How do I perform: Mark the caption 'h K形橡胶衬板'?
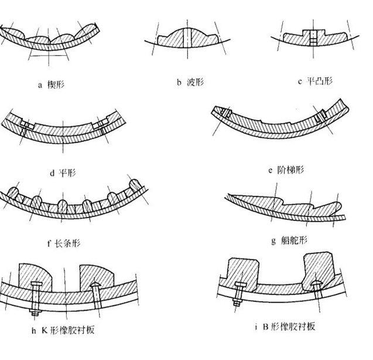click(x=67, y=331)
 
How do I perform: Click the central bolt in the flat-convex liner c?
click(x=313, y=38)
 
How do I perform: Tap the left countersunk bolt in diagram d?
click(x=24, y=125)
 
